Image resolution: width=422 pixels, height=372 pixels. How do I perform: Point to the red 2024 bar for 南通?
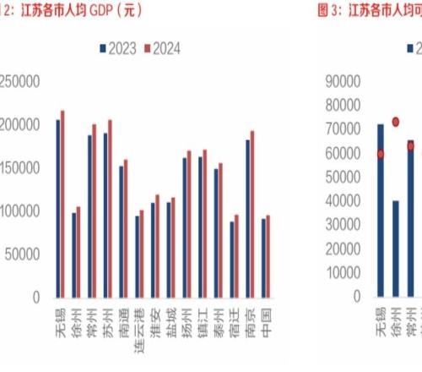(126, 228)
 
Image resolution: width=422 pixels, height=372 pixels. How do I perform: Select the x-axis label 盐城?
(171, 320)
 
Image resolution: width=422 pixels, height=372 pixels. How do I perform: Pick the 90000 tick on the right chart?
(343, 81)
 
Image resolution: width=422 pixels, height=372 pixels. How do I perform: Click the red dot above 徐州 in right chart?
(396, 122)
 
